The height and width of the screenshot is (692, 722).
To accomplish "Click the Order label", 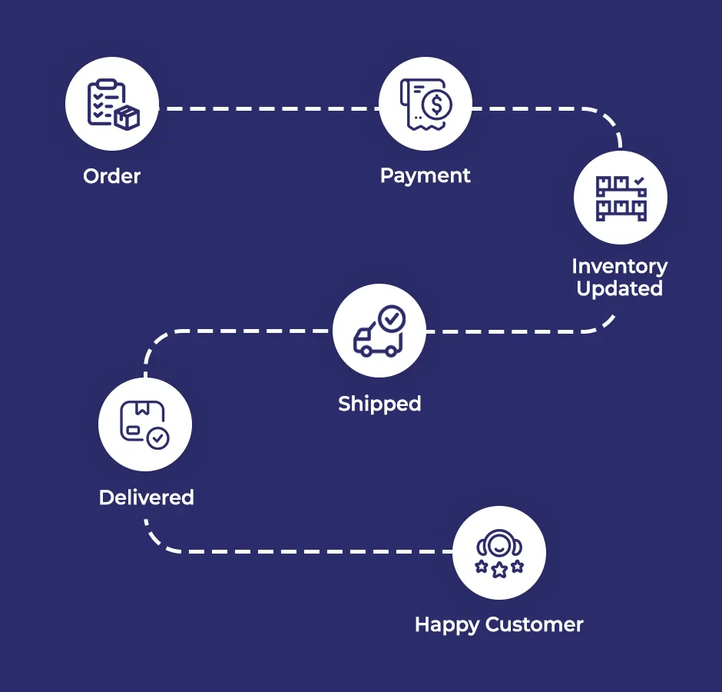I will [x=112, y=176].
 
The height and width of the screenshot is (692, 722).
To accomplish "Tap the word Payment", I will [x=426, y=175].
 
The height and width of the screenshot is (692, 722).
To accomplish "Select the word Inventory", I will [x=619, y=266].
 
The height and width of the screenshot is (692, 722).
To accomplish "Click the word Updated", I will [x=619, y=289].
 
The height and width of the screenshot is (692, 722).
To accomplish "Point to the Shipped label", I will [x=379, y=404].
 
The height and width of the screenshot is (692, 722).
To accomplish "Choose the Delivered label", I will [x=146, y=497].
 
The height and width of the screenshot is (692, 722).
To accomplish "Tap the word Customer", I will [x=535, y=624].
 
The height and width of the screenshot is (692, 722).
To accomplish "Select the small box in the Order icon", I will [x=127, y=118].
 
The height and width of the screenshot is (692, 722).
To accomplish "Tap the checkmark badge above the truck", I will [x=392, y=317].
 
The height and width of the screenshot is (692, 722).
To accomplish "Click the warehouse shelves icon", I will [x=621, y=198].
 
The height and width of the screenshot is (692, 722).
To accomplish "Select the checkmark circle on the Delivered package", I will [x=158, y=438].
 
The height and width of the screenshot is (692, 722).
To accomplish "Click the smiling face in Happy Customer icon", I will [x=499, y=544].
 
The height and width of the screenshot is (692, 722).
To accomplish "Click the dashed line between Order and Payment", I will [x=269, y=109].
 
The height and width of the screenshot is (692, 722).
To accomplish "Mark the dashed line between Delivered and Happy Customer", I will [x=307, y=551].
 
